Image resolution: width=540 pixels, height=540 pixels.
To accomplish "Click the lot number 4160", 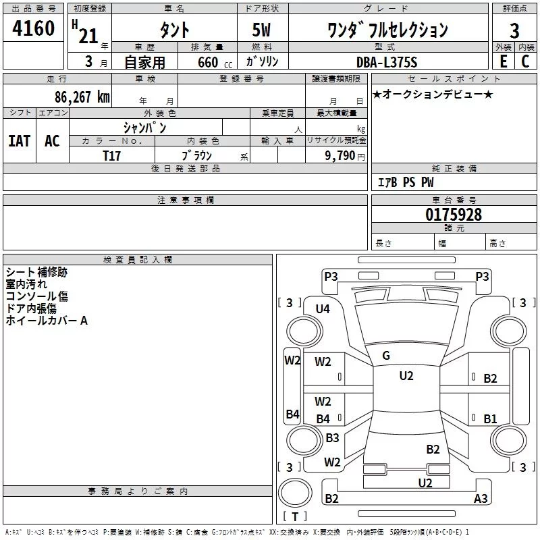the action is [x=34, y=30].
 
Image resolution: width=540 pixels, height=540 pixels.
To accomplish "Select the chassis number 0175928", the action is [x=454, y=215].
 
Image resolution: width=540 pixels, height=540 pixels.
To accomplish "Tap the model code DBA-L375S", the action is [x=387, y=62].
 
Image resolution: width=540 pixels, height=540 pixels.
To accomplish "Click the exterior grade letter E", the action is [x=503, y=62].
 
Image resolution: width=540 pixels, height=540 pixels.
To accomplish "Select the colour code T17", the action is [x=112, y=155].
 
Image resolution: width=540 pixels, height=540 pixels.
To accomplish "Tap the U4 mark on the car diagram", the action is [x=323, y=309].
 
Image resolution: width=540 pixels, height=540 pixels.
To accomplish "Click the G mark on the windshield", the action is [x=386, y=356].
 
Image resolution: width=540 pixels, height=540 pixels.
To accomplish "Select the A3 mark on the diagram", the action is [x=481, y=499].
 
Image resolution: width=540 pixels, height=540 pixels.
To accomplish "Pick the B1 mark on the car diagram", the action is [x=490, y=419].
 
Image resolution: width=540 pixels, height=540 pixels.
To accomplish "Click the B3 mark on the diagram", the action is [x=332, y=438].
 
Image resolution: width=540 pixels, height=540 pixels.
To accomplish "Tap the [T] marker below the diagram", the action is [x=295, y=517].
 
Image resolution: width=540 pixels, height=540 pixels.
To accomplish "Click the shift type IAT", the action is [x=19, y=141].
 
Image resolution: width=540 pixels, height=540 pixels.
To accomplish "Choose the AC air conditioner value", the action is [x=52, y=141].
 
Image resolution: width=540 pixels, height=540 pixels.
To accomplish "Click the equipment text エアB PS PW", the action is [x=406, y=183].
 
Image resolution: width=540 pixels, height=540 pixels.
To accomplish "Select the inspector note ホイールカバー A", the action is [x=47, y=321].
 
